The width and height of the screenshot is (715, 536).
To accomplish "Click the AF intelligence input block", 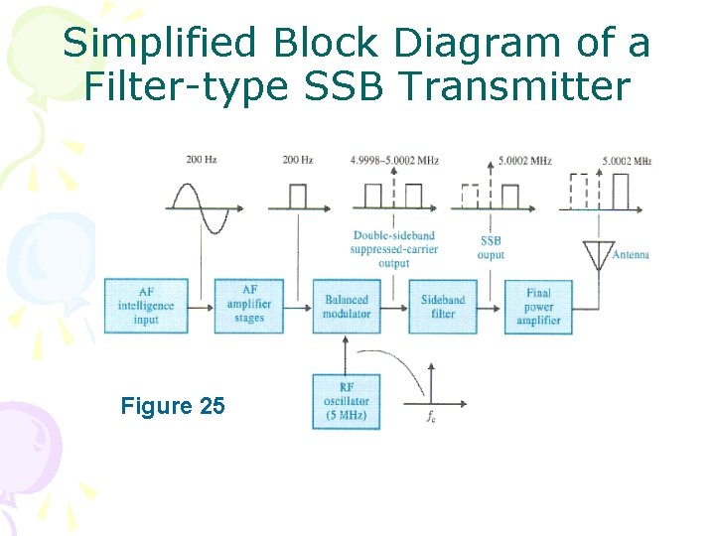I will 146,306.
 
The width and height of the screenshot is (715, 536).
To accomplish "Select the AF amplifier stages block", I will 249,306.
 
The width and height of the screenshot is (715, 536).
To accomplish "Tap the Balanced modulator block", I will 346,306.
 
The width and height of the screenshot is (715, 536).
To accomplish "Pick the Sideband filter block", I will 443,306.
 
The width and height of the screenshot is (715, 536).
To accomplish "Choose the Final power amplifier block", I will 538,306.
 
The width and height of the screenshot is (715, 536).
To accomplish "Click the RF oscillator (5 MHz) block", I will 346,401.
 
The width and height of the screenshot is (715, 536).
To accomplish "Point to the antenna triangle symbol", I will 598,254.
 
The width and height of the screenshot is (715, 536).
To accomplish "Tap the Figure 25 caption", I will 172,406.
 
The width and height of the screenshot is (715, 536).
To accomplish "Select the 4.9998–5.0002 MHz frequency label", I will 394,160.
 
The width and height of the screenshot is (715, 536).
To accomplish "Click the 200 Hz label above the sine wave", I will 202,160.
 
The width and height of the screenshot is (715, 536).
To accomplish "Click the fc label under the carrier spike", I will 430,417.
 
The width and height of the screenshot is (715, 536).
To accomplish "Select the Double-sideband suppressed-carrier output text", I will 393,249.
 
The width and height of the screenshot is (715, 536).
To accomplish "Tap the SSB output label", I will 492,248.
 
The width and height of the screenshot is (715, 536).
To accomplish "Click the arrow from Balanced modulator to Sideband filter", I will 394,306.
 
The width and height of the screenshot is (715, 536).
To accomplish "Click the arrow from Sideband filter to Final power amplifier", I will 490,306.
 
